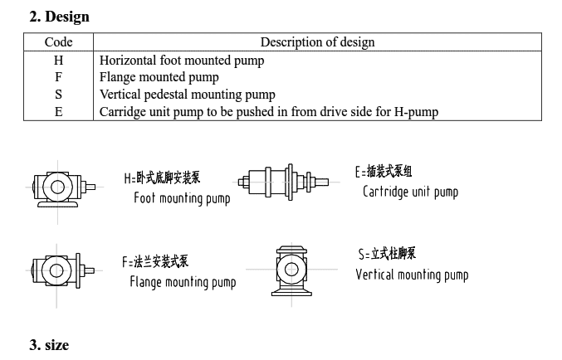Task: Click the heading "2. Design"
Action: (60, 17)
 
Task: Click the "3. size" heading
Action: (49, 344)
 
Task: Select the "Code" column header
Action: (58, 42)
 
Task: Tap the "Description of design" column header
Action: (318, 42)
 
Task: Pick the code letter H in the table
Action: (58, 60)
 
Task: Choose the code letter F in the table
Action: (58, 76)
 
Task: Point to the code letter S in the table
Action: (58, 95)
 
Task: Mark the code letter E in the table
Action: (58, 111)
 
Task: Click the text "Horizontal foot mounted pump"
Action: (182, 61)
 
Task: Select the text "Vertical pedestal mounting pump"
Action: (188, 95)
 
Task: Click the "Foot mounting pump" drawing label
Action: (182, 198)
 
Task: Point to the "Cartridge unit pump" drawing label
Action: (410, 192)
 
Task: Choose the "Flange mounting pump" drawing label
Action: (183, 282)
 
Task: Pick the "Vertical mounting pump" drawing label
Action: (412, 275)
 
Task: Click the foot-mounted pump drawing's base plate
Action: (58, 204)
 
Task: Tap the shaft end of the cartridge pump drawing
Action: (322, 182)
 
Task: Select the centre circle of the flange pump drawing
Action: (56, 270)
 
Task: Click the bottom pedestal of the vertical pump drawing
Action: (291, 292)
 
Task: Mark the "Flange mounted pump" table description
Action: (159, 77)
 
